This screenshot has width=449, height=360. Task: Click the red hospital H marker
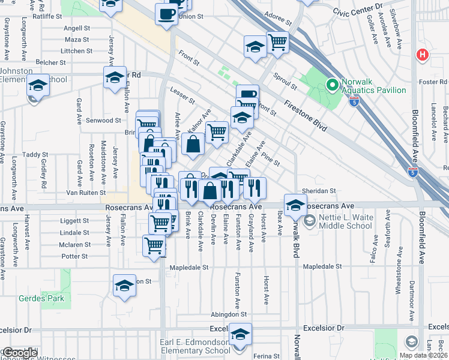pos(423,55)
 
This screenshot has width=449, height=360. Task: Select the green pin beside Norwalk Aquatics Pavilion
pos(330,85)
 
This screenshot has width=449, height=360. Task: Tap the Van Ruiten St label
pos(86,193)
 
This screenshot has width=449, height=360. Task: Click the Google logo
pos(19,353)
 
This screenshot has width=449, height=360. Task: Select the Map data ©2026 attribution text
pos(423,355)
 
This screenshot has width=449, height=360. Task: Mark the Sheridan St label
pos(318,191)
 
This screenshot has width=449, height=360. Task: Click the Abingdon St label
pos(229,314)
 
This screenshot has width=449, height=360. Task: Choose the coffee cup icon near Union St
pos(166,13)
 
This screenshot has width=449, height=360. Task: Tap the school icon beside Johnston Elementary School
pos(38,85)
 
